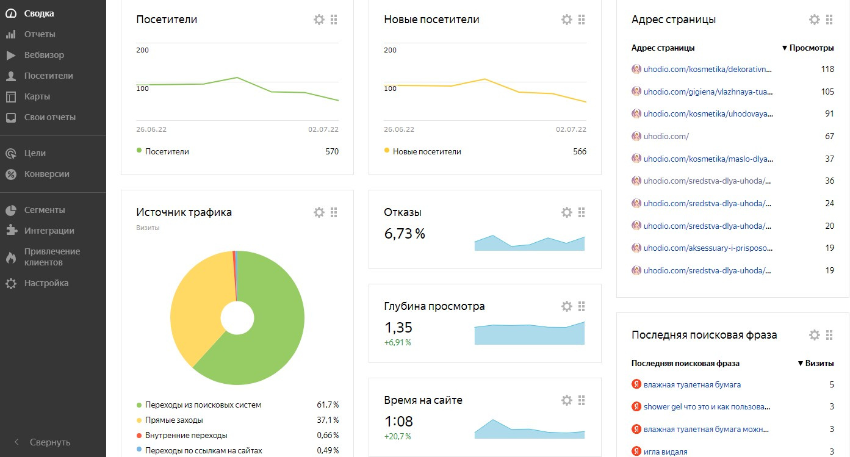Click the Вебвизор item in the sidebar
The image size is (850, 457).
[x=44, y=55]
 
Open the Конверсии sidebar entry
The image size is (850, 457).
[x=46, y=174]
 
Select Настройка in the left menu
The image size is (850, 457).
[x=46, y=283]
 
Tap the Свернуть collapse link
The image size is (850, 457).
[x=50, y=442]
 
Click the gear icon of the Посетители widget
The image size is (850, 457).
[x=319, y=20]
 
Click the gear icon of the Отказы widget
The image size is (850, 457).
[x=567, y=212]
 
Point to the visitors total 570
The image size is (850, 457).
[x=332, y=151]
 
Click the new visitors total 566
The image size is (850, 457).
[x=580, y=151]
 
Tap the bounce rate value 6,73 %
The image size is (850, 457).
[x=405, y=234]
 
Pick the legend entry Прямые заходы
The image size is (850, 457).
[x=174, y=420]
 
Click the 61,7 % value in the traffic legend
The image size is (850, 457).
[x=328, y=405]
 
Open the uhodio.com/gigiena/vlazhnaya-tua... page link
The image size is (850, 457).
[x=708, y=92]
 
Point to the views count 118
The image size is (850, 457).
[x=827, y=69]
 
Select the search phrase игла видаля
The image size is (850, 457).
[x=665, y=452]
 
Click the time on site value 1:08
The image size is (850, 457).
[x=398, y=421]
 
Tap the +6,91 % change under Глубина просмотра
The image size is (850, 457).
[x=397, y=342]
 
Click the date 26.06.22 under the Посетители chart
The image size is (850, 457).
[x=151, y=129]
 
